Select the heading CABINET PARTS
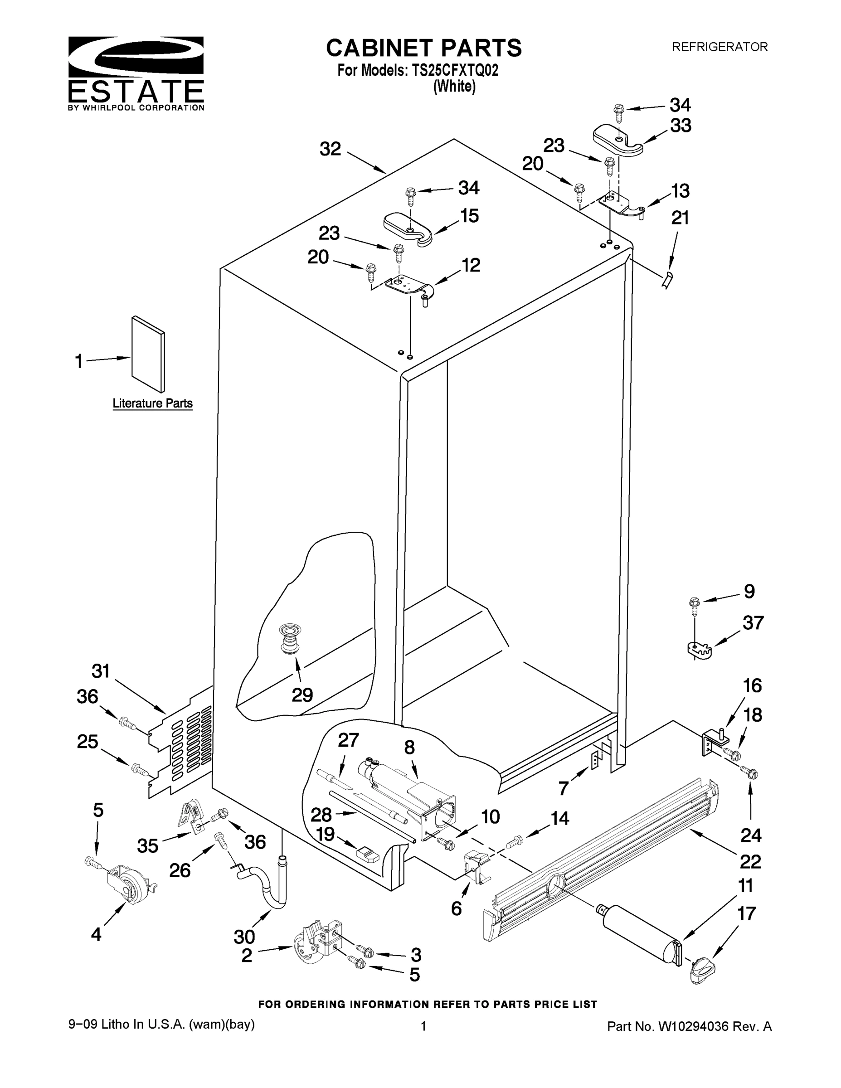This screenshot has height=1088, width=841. point(423,49)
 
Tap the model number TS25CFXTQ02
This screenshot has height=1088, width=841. point(454,71)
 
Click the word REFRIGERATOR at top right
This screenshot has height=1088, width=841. point(720,47)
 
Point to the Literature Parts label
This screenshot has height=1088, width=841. point(152,403)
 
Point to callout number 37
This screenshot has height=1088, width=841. point(753,623)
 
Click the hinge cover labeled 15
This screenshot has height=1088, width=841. point(408,228)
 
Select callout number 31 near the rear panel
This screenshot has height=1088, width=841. point(101,671)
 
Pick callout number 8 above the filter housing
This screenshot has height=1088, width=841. point(409,747)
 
